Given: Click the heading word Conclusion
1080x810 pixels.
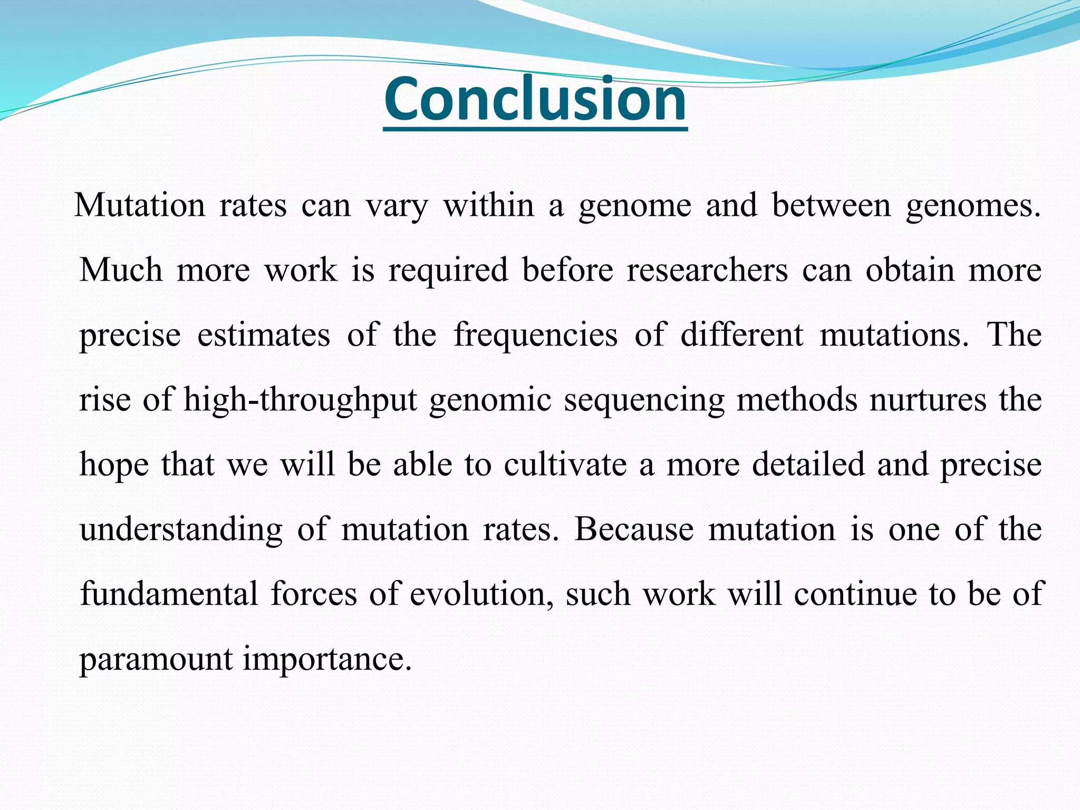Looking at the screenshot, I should [x=535, y=99].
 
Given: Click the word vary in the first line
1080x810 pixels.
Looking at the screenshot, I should [x=397, y=206].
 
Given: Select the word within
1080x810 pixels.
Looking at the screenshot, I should [x=489, y=205].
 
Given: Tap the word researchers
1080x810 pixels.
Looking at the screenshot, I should [x=707, y=270].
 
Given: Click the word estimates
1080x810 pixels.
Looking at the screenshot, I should [x=263, y=335].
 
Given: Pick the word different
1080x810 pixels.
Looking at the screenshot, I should [x=741, y=335].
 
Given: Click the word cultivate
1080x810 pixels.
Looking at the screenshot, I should [x=565, y=465].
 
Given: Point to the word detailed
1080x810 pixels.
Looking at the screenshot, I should [x=808, y=465].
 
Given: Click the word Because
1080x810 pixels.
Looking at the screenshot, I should [x=633, y=529].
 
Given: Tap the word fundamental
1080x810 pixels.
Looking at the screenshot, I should [x=169, y=594].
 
